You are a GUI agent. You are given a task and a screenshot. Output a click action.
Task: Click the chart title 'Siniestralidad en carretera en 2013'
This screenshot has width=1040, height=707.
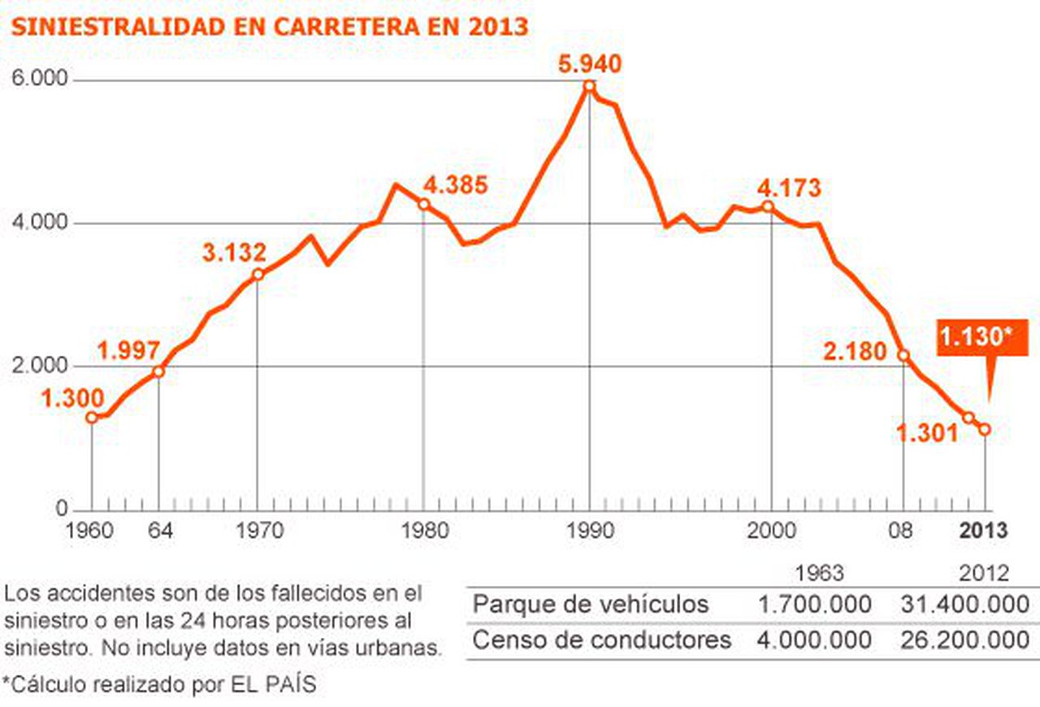tap(269, 27)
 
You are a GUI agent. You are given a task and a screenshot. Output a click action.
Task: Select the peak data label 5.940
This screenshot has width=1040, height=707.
tap(589, 63)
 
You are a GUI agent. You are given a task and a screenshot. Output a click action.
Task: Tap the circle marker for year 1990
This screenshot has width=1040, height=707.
tap(589, 86)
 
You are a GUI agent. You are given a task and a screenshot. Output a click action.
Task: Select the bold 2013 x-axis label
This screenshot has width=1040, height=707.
tap(983, 531)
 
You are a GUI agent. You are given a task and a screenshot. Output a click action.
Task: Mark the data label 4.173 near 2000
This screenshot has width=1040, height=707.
tap(789, 189)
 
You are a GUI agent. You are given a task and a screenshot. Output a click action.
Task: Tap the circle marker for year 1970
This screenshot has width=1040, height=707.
tap(258, 275)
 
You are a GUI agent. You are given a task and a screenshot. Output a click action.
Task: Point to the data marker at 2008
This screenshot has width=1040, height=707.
tap(903, 355)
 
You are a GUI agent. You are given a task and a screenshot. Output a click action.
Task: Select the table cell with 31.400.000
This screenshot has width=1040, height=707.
tap(964, 605)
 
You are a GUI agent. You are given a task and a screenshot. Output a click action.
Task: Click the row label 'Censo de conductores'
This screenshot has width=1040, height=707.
tap(601, 640)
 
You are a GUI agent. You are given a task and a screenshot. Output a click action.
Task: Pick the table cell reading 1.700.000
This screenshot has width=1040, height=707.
tap(814, 605)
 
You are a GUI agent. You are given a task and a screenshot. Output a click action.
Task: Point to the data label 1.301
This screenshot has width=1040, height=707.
tap(927, 434)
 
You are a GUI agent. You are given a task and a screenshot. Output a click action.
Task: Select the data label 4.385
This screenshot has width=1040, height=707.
tap(455, 184)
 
